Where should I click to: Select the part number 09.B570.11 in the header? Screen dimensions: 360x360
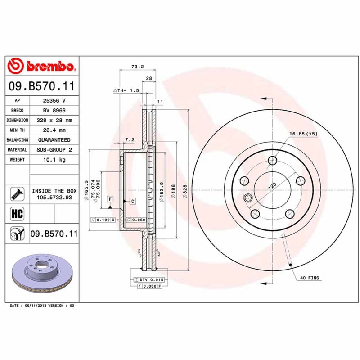(42, 85)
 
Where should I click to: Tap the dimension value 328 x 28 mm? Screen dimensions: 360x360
(54, 121)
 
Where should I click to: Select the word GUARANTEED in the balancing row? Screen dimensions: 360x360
(54, 140)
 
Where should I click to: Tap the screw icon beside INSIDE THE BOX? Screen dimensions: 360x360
(17, 194)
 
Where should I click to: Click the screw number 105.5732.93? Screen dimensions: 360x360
(54, 197)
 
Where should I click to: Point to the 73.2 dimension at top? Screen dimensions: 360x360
(137, 67)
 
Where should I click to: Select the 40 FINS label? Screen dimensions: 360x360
(309, 278)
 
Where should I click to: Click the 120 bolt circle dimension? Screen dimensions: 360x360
(272, 186)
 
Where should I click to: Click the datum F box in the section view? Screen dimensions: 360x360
(109, 198)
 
